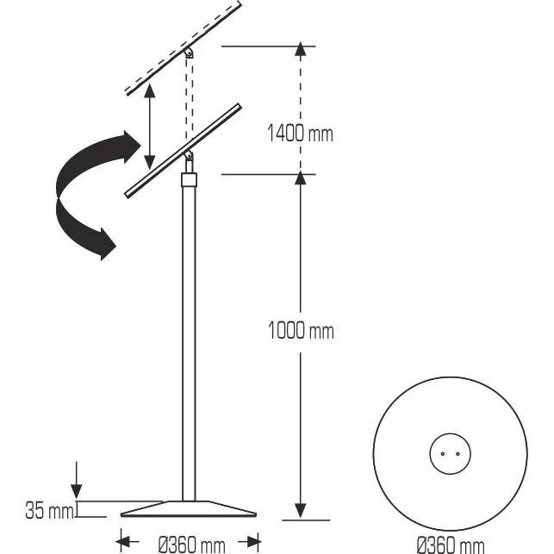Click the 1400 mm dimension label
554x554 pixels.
[x=300, y=134]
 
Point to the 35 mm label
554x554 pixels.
[x=49, y=511]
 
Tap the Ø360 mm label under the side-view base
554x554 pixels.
[x=191, y=545]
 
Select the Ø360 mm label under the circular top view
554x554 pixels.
[x=450, y=545]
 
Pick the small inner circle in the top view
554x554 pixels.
[x=450, y=452]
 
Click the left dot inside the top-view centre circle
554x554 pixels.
[x=443, y=452]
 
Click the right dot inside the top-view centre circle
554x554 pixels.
[x=457, y=452]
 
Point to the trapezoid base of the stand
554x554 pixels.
[x=189, y=508]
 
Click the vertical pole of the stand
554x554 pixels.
[x=189, y=345]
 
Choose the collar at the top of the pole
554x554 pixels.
[x=189, y=180]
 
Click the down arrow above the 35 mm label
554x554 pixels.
[x=78, y=478]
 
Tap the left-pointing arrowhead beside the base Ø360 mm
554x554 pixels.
[x=123, y=543]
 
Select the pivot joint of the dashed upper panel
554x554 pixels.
[x=190, y=53]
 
